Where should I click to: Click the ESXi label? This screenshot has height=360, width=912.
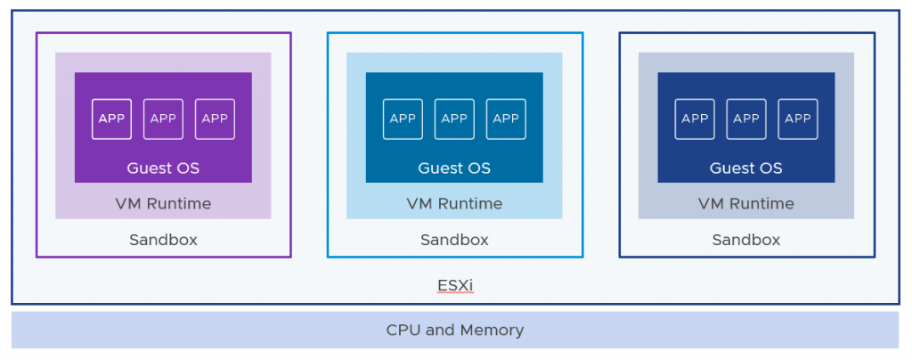coord(455,285)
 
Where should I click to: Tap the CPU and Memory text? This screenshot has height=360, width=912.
coord(455,330)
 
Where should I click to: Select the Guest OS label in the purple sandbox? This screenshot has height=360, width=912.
coord(163,168)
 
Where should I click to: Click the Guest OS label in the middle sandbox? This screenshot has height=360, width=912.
coord(454,168)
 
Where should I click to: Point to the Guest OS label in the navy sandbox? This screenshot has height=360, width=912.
coord(746,168)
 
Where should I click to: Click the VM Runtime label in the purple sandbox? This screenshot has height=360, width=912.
coord(163,203)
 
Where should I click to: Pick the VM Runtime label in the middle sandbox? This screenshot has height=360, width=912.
coord(454,203)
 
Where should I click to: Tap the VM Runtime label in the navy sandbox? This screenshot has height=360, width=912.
coord(746,203)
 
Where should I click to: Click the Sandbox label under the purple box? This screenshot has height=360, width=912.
coord(163,240)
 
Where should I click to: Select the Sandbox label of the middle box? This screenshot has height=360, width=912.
coord(454,240)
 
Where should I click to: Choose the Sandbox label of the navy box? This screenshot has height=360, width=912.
coord(746,240)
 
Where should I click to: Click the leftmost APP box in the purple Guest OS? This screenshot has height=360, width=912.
coord(112,119)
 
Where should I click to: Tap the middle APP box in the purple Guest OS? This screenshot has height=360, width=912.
coord(163,119)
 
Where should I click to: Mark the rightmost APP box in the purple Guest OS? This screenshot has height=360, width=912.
coord(215,119)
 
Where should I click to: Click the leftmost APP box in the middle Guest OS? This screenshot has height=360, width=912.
coord(403,119)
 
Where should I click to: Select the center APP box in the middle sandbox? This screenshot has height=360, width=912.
coord(454,119)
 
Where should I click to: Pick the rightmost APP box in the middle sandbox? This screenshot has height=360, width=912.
coord(506,119)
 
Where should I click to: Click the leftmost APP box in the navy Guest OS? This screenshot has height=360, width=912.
coord(695,119)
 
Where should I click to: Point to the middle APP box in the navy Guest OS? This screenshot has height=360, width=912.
coord(746,119)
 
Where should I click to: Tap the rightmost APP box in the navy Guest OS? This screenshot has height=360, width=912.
coord(798,119)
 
